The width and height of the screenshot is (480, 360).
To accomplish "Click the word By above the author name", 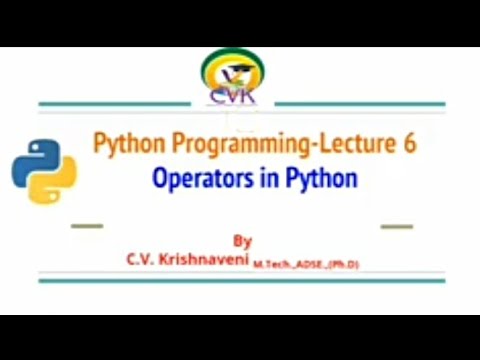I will pos(242,241).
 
